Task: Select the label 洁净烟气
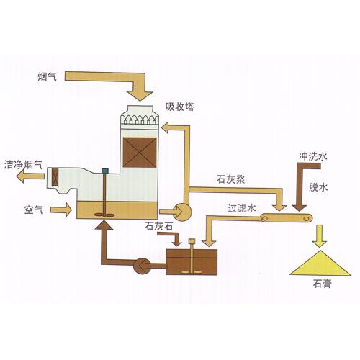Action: click(x=22, y=164)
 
